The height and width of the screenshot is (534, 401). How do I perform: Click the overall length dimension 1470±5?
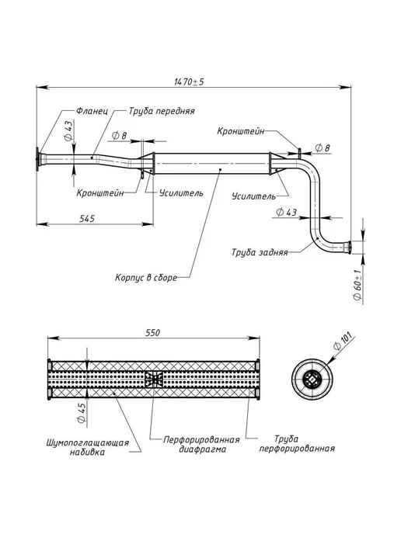[x=189, y=81]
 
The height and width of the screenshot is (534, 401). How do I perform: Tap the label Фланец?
[x=92, y=111]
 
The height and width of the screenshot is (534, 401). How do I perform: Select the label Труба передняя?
[x=162, y=111]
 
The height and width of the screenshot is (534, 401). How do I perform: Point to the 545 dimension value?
[x=87, y=218]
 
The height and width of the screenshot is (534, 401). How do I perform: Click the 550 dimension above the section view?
[x=152, y=332]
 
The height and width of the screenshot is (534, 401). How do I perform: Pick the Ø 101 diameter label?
[x=342, y=341]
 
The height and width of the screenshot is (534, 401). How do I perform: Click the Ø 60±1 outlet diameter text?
[x=357, y=285]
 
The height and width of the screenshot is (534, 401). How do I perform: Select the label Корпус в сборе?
[x=146, y=278]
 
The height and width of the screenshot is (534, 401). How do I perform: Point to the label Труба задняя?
[x=260, y=252]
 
